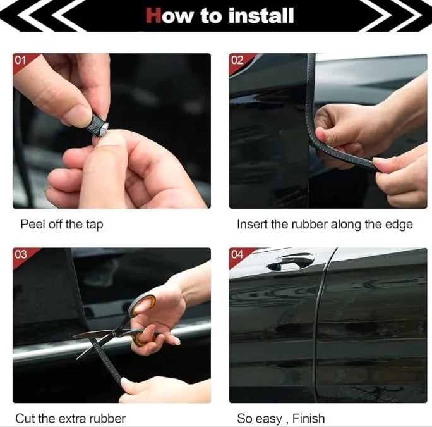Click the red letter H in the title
coord(153,15)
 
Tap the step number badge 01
coord(20,60)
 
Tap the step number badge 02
coord(237,60)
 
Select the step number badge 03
coord(21,254)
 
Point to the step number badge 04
coord(237,254)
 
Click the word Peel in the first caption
coord(33,224)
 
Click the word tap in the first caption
coord(95,225)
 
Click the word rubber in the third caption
coord(109,418)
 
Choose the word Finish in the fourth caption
coord(309,418)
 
